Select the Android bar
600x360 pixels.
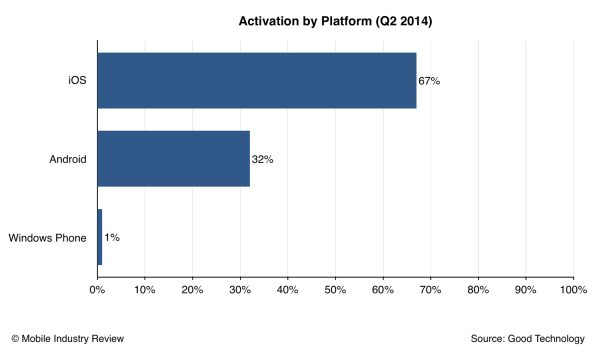point(173,158)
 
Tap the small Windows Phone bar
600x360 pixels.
point(99,238)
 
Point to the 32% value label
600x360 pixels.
point(263,158)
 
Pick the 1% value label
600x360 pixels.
point(112,238)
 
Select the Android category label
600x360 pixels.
point(66,158)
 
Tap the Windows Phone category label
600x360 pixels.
point(49,238)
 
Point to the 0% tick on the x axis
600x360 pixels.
point(97,291)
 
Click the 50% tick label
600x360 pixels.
point(335,291)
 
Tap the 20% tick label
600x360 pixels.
point(192,291)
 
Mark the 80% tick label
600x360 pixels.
point(478,291)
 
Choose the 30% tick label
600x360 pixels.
point(240,291)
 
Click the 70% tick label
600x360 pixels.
point(430,291)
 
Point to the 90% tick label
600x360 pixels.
point(525,291)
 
